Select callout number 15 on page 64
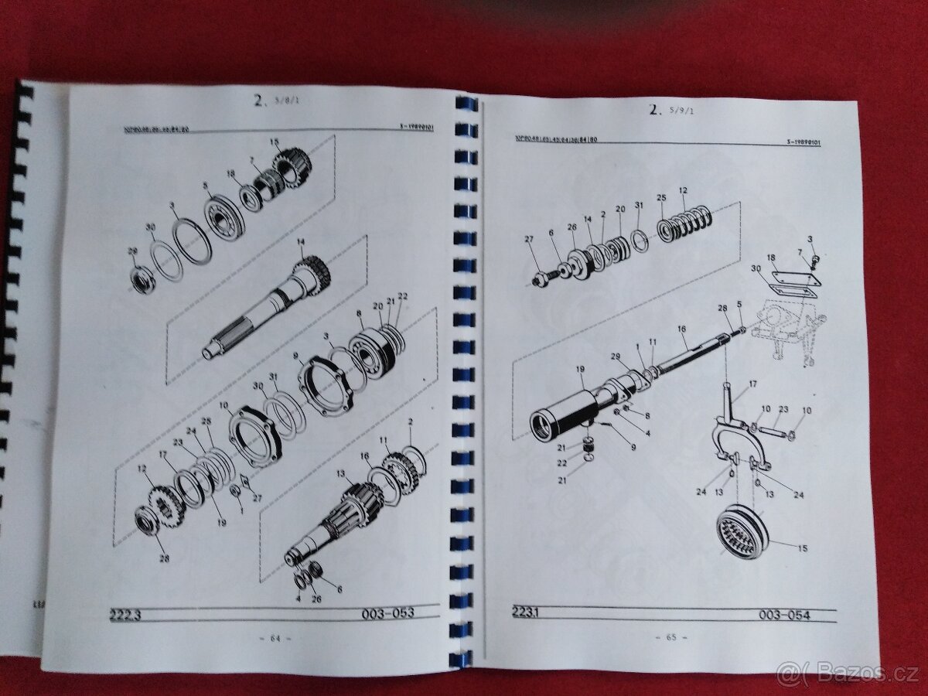pos(274,142)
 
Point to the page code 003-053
pos(387,613)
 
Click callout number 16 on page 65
pos(681,329)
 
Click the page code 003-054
pos(784,615)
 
